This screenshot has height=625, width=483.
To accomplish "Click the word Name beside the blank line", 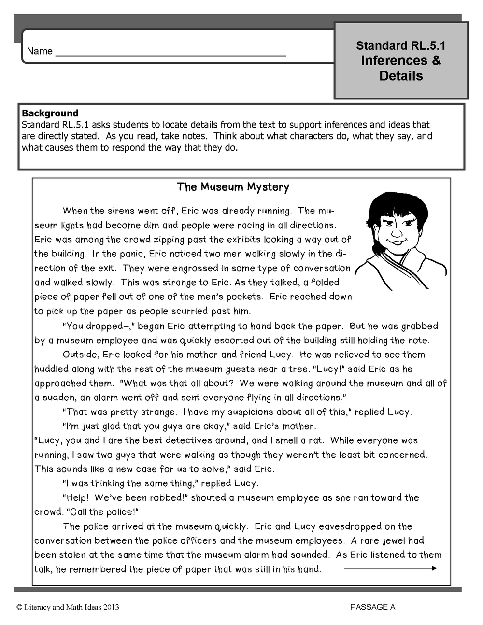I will tap(40, 51).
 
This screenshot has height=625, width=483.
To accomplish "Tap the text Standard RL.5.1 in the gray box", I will tap(401, 46).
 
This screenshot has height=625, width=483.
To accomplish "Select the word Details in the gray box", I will tap(401, 76).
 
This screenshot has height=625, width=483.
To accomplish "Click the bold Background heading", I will tap(50, 113).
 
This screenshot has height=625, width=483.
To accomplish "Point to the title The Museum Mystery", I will tap(233, 187).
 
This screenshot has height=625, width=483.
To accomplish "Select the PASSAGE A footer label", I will tap(372, 607).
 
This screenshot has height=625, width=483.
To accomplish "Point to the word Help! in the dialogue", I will tap(77, 497).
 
